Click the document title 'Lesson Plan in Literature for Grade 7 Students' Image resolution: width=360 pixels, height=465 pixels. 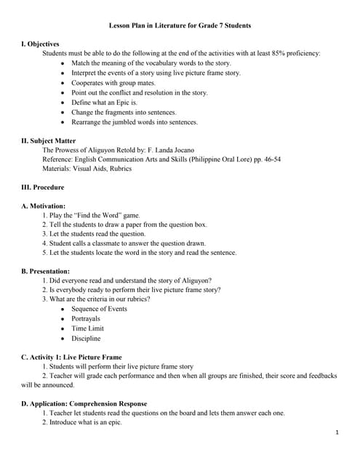coord(180,25)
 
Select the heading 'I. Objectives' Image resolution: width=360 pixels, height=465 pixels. coord(41,44)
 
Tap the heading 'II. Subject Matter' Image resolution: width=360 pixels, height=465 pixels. coord(49,140)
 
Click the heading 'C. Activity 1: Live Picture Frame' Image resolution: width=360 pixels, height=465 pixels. coord(72,357)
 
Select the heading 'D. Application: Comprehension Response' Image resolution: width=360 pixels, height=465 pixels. coord(84,403)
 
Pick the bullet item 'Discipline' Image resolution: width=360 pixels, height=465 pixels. coord(86,339)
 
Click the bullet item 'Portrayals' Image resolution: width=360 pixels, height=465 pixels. coord(86,318)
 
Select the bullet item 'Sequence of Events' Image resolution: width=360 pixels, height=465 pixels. coord(99,309)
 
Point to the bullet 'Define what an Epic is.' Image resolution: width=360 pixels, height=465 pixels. coord(104,102)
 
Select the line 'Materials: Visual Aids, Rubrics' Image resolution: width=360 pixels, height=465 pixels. coord(87,169)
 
